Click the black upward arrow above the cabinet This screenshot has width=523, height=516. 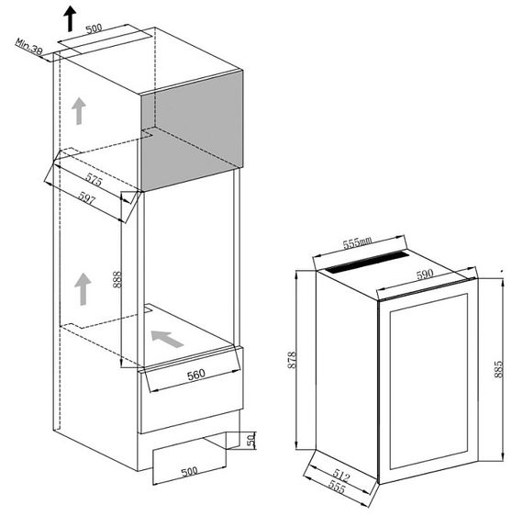(70, 17)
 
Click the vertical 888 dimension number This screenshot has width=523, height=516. (117, 279)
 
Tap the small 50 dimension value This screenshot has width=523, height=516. (250, 441)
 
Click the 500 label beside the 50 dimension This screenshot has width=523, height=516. (189, 472)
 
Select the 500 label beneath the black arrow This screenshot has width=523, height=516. (94, 28)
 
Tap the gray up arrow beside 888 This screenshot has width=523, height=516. (83, 288)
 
